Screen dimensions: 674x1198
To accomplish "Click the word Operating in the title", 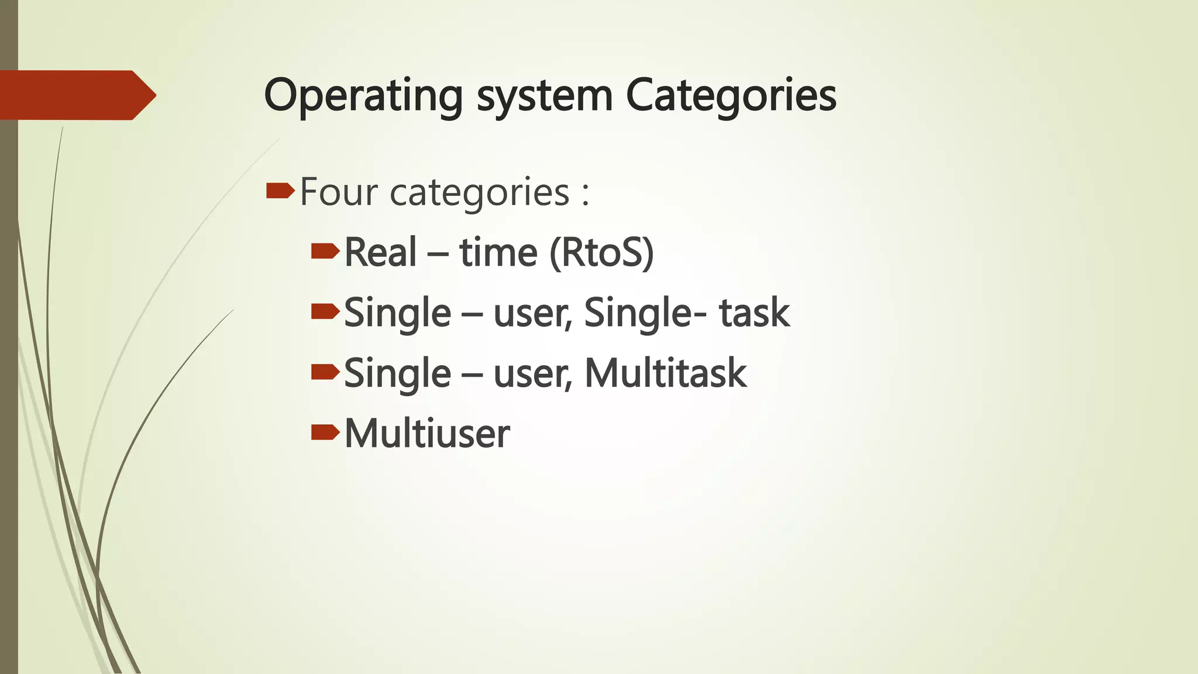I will pos(363,96).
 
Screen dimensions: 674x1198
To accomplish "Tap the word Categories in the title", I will pos(731,96).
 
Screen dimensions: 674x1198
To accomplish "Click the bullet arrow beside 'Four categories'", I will pos(280,191).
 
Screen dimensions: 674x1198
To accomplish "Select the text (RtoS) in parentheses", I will pos(601,253).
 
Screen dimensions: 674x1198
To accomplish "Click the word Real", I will pos(380,253).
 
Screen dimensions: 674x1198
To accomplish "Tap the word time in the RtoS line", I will pos(498,253).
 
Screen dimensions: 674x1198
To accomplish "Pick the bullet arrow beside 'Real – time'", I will pos(325,252).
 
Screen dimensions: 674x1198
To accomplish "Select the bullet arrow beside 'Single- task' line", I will pos(325,312).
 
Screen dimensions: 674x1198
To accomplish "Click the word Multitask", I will pos(666,373).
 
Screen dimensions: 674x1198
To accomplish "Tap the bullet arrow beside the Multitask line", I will pos(325,372).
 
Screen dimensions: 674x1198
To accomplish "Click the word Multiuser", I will pos(427,434).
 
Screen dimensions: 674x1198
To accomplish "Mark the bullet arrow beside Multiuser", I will pos(325,433).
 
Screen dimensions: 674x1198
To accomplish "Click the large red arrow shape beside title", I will pos(76,95).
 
